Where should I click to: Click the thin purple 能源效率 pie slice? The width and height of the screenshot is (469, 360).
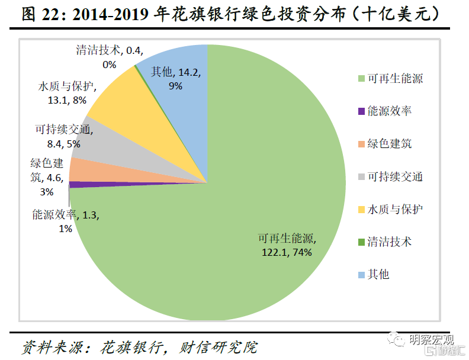pos(80,184)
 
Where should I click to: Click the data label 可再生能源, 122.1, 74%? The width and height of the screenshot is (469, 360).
pos(287,245)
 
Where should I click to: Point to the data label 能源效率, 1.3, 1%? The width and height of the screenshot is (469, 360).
pos(65,221)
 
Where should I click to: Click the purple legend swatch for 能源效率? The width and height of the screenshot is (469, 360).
pos(361,111)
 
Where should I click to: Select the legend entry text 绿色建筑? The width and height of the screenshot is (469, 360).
pos(389,144)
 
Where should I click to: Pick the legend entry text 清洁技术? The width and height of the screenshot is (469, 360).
pos(389,242)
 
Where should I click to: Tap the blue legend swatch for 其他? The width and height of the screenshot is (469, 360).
pos(361,274)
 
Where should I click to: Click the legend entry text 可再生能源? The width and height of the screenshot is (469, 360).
pos(394,79)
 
